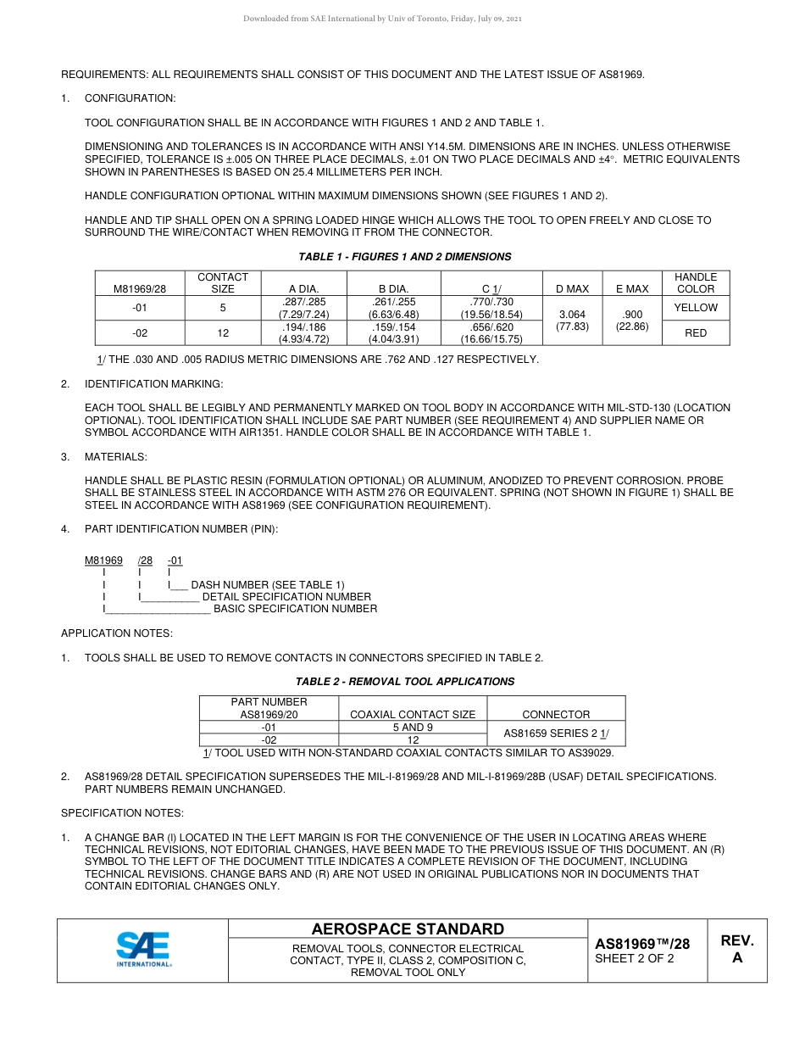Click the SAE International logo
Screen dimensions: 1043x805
click(143, 950)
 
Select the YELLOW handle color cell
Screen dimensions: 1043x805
click(695, 308)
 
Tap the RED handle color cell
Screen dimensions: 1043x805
click(695, 333)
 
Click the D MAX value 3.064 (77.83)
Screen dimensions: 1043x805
click(572, 321)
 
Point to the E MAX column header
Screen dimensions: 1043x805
click(631, 289)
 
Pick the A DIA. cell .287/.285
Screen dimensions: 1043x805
click(303, 308)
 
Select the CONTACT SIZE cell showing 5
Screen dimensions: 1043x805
click(222, 308)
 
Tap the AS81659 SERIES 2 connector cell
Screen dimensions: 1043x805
click(556, 733)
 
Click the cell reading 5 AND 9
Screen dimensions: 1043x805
click(413, 728)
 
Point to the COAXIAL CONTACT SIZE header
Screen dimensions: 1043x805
click(413, 715)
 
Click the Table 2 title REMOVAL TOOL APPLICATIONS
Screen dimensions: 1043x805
click(404, 682)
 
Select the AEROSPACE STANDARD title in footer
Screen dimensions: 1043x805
click(408, 929)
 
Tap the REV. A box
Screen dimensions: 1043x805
click(736, 950)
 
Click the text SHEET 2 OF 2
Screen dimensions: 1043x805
click(634, 959)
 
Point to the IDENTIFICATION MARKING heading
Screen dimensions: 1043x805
click(153, 384)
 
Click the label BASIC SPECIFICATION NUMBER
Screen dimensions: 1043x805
click(295, 609)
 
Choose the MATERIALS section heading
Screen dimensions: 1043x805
click(115, 457)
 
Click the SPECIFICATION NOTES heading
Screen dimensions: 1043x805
click(122, 813)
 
